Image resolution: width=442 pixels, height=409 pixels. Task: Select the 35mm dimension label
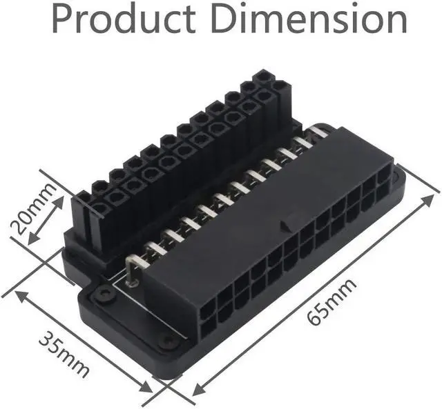(x=64, y=355)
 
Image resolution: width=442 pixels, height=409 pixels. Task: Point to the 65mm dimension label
(x=331, y=302)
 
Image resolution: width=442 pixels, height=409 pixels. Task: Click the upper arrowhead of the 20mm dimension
(x=59, y=202)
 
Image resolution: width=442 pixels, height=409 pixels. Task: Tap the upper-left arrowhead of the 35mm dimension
(x=22, y=297)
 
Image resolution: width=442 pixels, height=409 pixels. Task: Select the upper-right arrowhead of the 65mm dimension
(x=428, y=200)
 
